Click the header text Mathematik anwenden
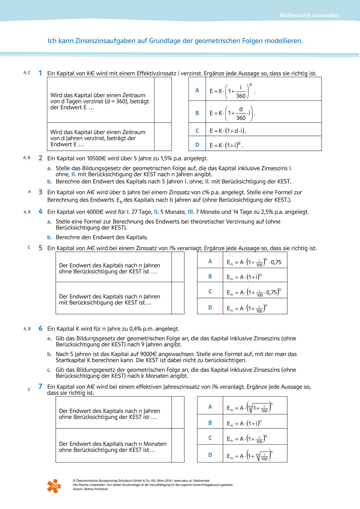point(309,16)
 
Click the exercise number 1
point(40,73)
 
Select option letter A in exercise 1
point(197,91)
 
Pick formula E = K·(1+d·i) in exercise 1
point(228,131)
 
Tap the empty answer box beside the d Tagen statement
point(163,100)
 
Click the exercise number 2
point(40,158)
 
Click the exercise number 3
point(40,192)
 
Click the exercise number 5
point(40,248)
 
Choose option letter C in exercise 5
point(210,291)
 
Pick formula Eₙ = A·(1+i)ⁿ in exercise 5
point(244,277)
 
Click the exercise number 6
point(40,329)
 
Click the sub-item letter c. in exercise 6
point(49,370)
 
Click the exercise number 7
point(40,387)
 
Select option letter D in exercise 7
point(210,455)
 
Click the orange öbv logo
point(53,485)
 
